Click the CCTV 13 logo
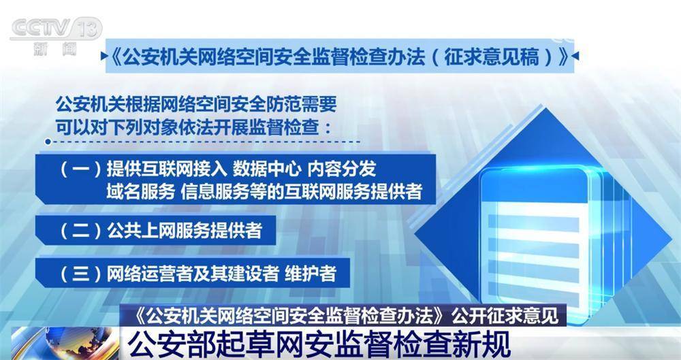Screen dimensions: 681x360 56,29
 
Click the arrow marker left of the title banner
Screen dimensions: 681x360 104,56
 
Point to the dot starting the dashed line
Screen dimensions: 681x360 48,142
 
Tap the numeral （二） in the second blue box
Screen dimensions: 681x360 81,231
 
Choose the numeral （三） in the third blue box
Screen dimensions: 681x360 81,274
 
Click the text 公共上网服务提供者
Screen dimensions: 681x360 185,231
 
